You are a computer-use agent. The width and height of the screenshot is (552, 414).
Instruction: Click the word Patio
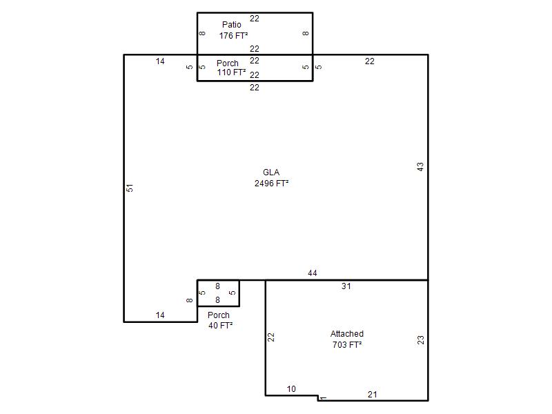[x=232, y=25]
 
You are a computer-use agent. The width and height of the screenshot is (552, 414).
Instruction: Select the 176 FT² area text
[x=233, y=36]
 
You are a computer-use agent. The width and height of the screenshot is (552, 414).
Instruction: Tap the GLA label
[x=271, y=172]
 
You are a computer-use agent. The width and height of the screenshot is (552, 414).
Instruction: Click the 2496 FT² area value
[x=271, y=183]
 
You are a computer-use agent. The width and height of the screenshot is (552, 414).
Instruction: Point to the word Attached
[x=347, y=334]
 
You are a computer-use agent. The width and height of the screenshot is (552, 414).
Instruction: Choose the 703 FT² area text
[x=347, y=344]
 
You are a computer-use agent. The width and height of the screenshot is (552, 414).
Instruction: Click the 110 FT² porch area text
[x=231, y=72]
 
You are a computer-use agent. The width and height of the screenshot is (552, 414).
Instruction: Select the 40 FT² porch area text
[x=220, y=325]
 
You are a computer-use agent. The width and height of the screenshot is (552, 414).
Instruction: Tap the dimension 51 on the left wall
[x=130, y=188]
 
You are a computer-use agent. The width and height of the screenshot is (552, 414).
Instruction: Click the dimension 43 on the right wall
[x=420, y=167]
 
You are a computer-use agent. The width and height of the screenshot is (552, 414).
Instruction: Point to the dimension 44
[x=313, y=273]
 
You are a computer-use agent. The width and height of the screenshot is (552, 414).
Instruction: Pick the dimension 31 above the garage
[x=346, y=286]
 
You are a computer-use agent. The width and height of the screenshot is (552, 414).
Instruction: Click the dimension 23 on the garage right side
[x=420, y=340]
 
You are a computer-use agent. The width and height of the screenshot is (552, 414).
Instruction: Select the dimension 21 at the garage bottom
[x=373, y=395]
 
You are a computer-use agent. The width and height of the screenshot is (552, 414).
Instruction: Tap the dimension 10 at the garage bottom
[x=291, y=389]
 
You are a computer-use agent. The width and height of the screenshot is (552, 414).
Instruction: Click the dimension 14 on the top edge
[x=160, y=61]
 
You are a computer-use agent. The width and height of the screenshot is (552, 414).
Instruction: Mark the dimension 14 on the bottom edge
[x=160, y=315]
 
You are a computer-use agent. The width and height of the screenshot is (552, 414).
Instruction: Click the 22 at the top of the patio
[x=255, y=19]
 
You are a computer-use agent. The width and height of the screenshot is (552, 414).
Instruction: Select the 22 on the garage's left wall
[x=270, y=337]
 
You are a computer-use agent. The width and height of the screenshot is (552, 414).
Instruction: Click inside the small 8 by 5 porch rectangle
[x=218, y=293]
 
